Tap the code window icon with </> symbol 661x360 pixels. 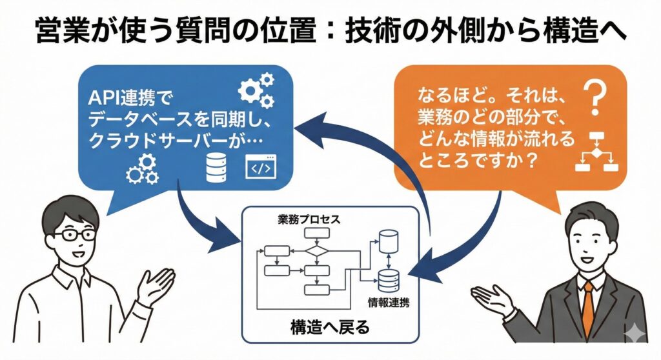259,168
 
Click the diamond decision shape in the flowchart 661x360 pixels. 316,250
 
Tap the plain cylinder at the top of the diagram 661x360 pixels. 388,241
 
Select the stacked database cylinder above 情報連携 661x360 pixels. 388,279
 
